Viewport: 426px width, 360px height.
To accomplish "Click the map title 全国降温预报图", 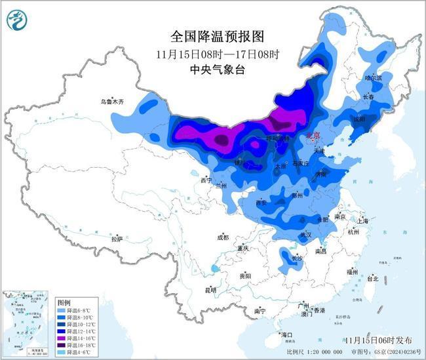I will pos(207,35).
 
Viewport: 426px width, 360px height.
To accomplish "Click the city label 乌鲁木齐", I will pos(111,102).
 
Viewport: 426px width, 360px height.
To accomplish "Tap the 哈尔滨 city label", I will pos(373,77).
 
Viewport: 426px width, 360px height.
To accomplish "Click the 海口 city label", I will pos(288,335).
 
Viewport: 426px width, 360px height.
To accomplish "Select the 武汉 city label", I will pos(305,234).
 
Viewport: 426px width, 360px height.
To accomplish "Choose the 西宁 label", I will pos(206,180).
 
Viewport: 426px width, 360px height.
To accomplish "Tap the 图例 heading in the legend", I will pos(64,302).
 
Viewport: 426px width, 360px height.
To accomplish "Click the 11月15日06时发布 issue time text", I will pos(378,340).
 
